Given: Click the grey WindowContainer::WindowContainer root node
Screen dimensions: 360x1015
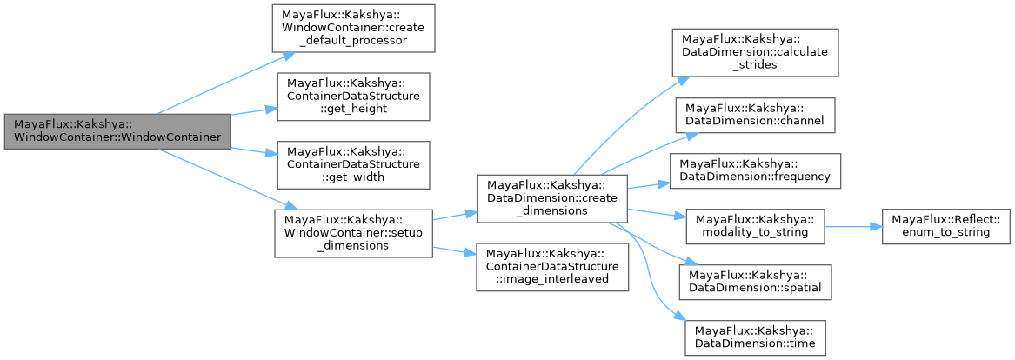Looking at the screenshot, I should (117, 130).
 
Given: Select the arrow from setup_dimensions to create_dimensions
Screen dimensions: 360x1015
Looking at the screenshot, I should (452, 215).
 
